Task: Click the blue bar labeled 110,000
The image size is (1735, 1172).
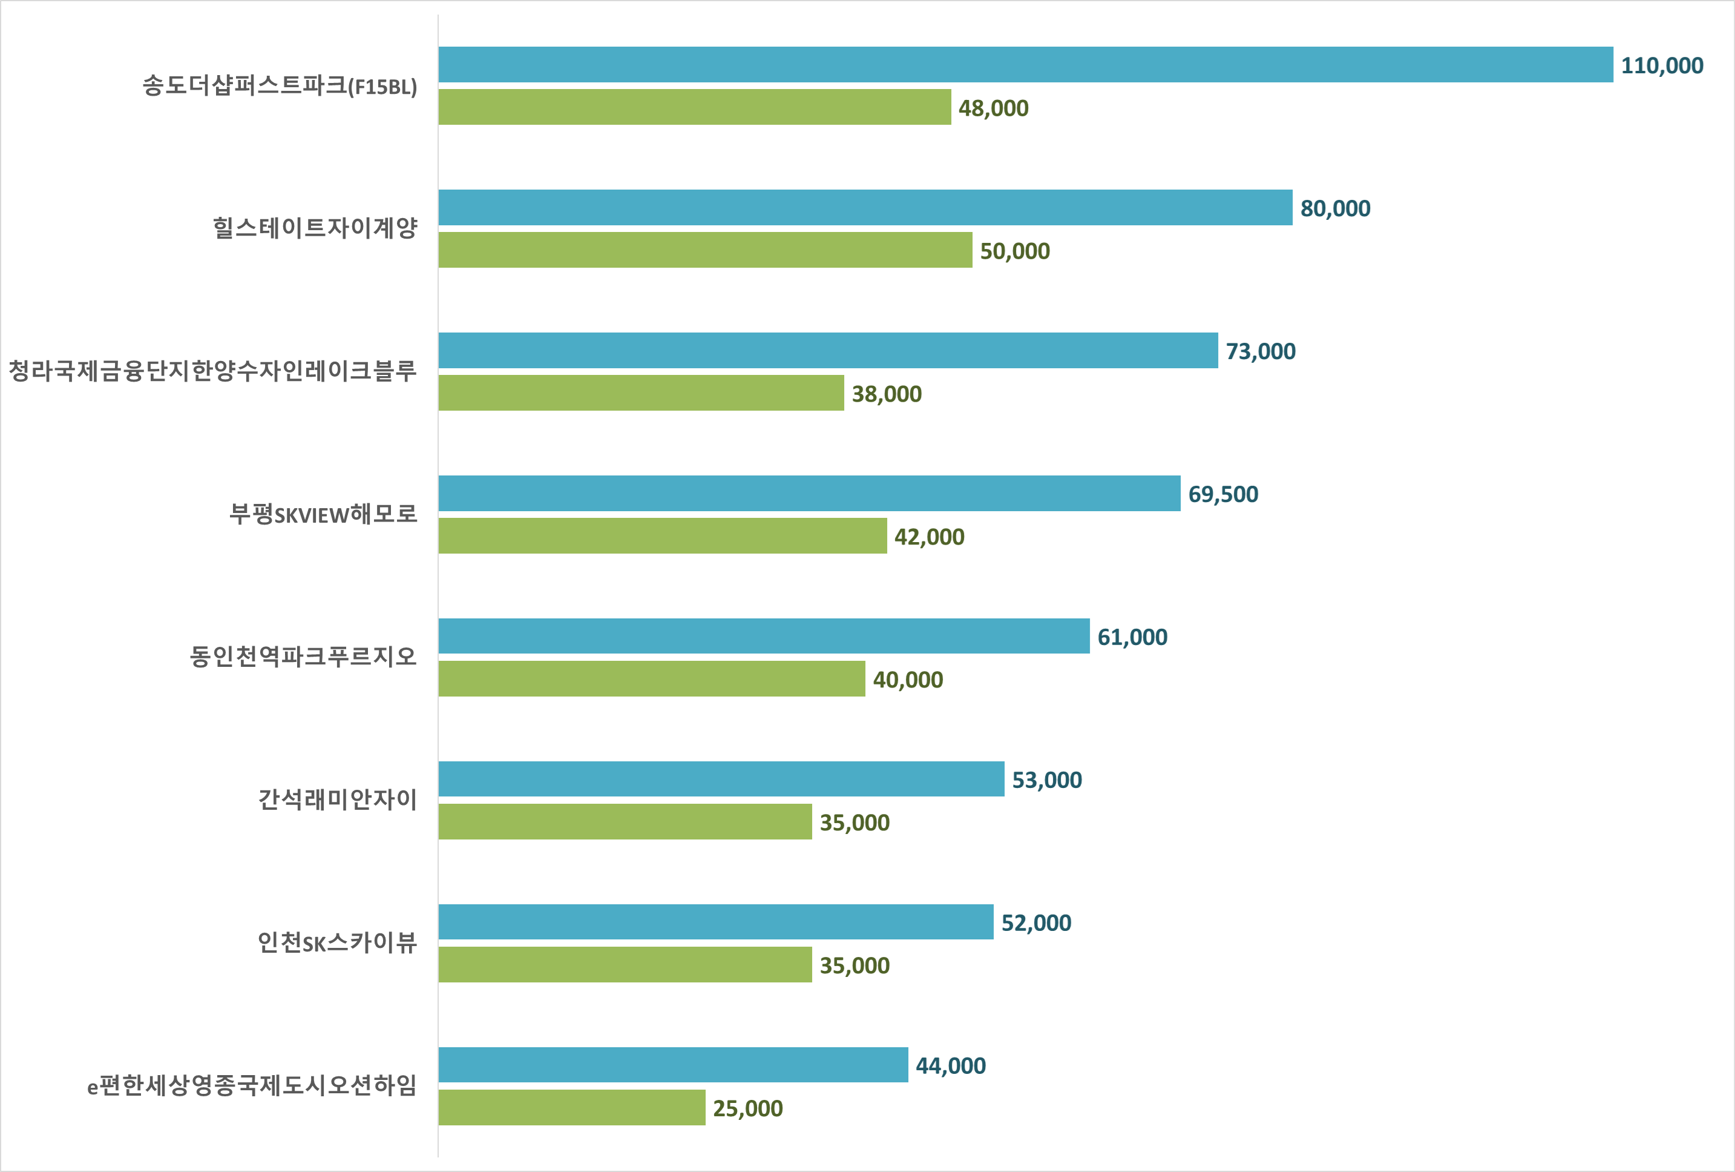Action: (x=1025, y=65)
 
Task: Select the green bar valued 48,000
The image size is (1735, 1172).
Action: (x=694, y=107)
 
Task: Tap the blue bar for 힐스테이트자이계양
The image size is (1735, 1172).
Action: (x=865, y=208)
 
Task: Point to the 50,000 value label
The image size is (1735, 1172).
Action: (x=1015, y=251)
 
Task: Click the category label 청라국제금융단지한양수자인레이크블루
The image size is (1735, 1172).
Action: (x=213, y=371)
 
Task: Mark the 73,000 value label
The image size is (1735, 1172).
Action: (x=1260, y=351)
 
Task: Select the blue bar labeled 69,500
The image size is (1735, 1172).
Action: (x=809, y=494)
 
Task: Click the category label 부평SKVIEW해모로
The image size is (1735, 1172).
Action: (x=323, y=514)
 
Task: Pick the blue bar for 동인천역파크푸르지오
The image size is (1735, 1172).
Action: (x=764, y=637)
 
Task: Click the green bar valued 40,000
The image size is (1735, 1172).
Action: (x=651, y=679)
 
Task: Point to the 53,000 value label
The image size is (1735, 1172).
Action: (x=1047, y=780)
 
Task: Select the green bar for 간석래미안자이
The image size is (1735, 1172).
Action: (x=625, y=822)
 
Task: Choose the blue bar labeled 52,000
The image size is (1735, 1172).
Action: (x=715, y=922)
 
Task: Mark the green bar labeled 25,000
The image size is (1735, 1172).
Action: (x=571, y=1108)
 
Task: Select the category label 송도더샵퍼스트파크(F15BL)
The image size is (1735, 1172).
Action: (x=280, y=86)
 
